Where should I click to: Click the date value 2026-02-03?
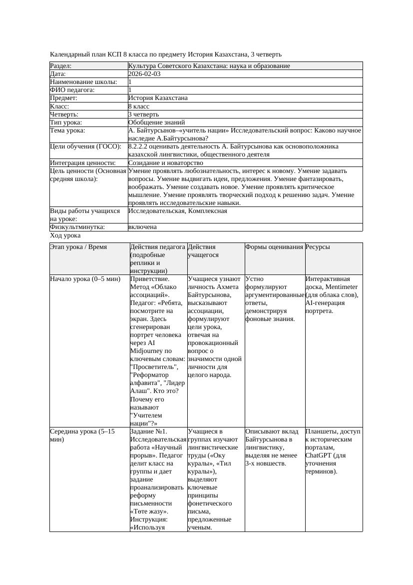[x=144, y=74]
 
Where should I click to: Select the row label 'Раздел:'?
[x=61, y=66]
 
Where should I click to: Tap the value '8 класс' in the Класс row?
[x=139, y=106]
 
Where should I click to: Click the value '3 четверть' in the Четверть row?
[x=143, y=114]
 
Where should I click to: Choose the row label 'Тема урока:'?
[x=67, y=130]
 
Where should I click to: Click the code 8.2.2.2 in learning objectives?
[x=139, y=146]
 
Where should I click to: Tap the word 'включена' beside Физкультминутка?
[x=142, y=227]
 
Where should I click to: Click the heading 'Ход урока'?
[x=65, y=235]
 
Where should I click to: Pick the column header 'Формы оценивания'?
[x=274, y=247]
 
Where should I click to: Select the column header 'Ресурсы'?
[x=318, y=247]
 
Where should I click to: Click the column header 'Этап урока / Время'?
[x=78, y=247]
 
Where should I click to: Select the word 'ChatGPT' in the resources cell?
[x=318, y=455]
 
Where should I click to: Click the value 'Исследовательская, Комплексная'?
[x=177, y=211]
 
